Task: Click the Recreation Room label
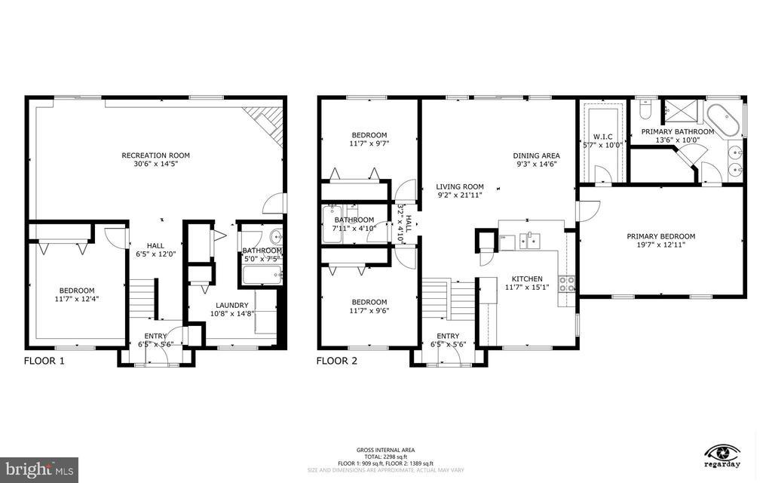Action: [x=155, y=155]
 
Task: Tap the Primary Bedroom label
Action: [x=660, y=236]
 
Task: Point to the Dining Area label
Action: [x=536, y=155]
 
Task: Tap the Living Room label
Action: [x=459, y=186]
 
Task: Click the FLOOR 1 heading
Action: [x=44, y=361]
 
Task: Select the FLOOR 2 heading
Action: [x=336, y=361]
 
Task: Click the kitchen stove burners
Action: [x=566, y=285]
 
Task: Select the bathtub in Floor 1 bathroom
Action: [x=262, y=274]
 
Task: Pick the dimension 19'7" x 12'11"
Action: [x=660, y=245]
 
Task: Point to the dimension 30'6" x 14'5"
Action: [x=155, y=165]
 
